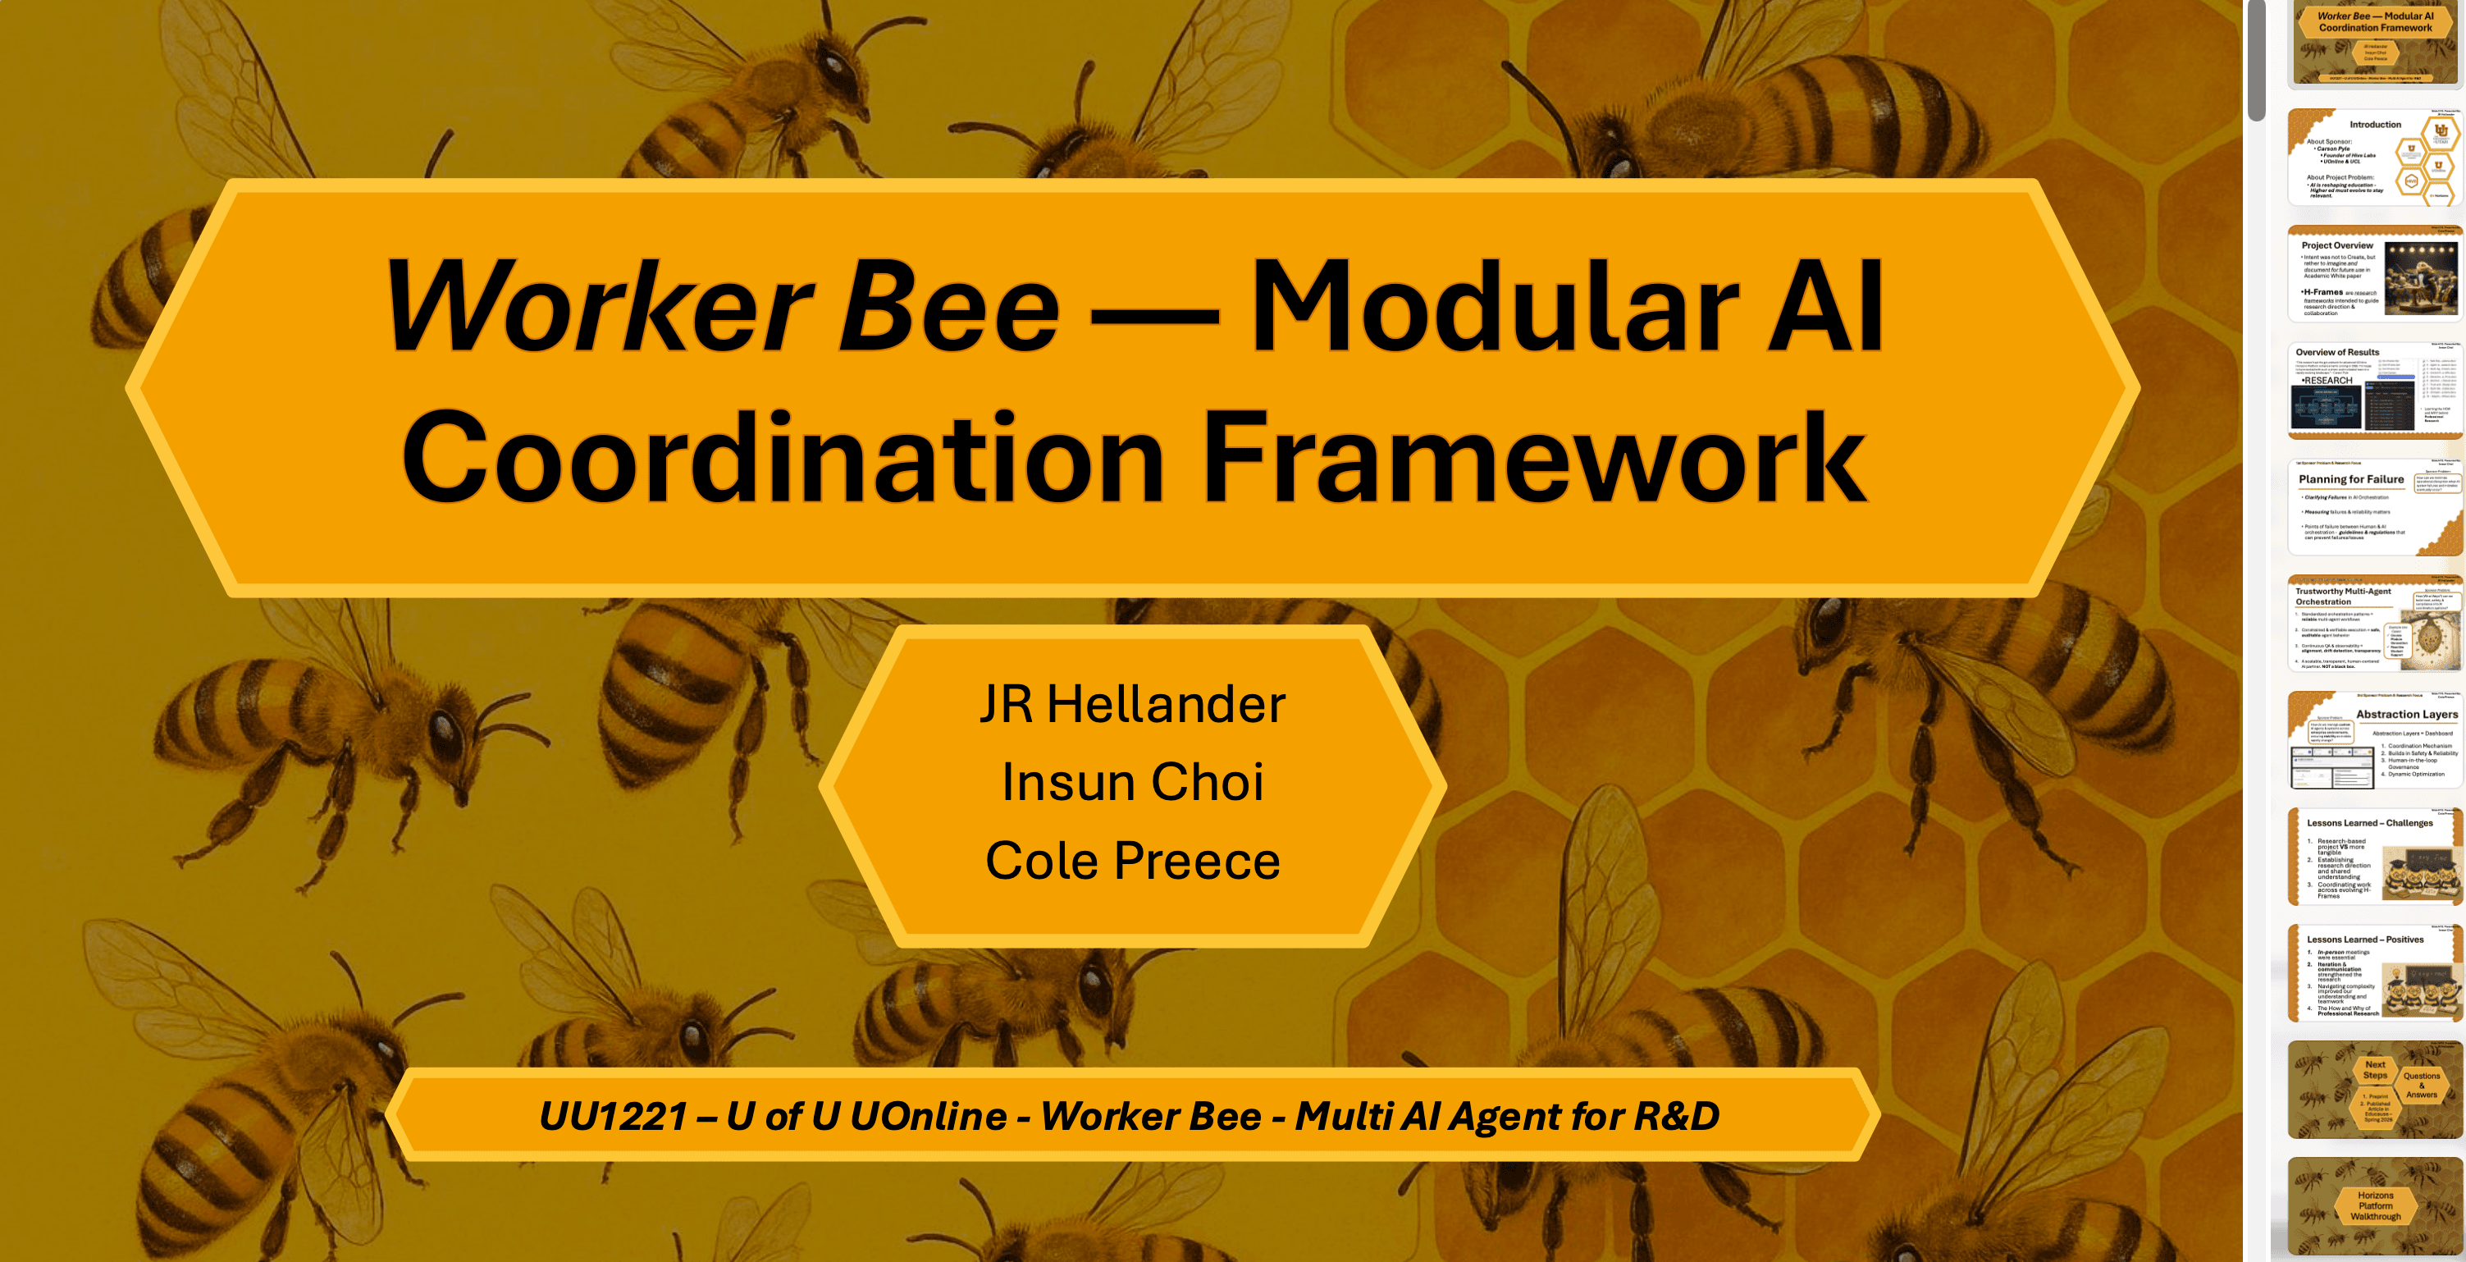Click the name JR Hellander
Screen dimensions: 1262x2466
click(1132, 705)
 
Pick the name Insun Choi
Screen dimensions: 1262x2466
click(1132, 782)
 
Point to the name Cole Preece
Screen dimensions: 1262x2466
click(1132, 861)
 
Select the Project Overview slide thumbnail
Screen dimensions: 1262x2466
click(2374, 275)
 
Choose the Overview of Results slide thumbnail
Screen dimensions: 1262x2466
click(2374, 391)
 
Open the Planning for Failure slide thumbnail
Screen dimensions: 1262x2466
click(2374, 507)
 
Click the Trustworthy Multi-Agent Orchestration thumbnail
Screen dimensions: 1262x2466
click(2374, 624)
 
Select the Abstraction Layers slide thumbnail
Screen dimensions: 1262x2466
click(2374, 741)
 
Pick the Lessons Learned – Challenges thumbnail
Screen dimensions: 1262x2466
click(2374, 857)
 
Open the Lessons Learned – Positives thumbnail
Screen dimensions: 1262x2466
click(2374, 974)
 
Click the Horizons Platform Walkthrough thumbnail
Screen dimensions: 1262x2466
click(2374, 1206)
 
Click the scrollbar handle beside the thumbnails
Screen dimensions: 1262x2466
click(2256, 59)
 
